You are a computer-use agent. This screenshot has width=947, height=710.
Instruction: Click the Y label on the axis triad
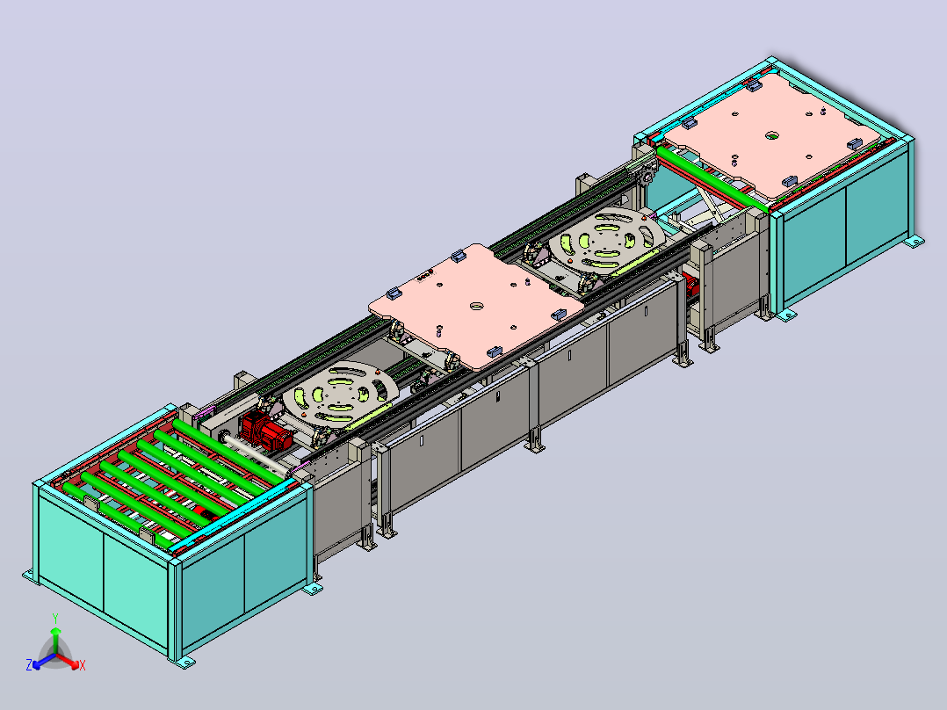pos(55,618)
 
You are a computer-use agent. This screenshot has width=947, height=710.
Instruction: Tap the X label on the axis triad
pos(83,665)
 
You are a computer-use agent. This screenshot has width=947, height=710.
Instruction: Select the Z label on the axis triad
pos(29,664)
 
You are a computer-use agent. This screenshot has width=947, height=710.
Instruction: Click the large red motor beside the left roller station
pos(264,430)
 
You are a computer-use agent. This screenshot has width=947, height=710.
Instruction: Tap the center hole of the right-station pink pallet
pos(772,135)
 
